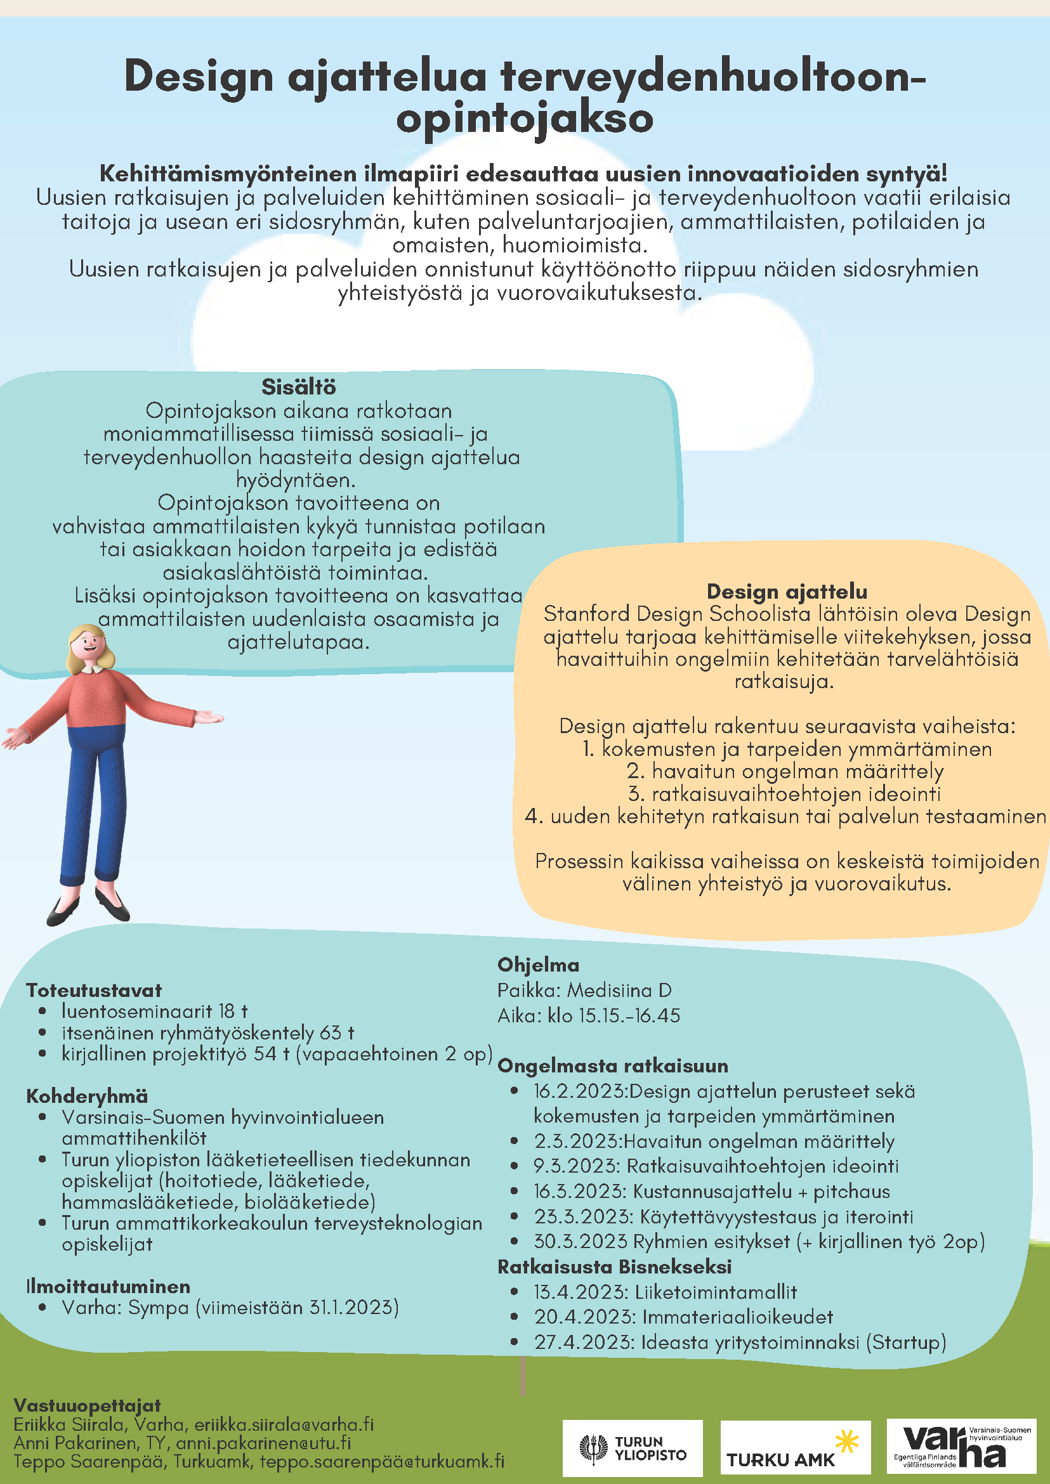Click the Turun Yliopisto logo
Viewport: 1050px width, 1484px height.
(x=632, y=1448)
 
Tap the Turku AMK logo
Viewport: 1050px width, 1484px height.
(x=794, y=1448)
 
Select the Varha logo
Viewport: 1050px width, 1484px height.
(x=961, y=1448)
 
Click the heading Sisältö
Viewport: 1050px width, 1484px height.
(x=299, y=386)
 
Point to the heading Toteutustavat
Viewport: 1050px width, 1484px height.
(x=94, y=990)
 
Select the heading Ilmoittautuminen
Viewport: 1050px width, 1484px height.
(x=108, y=1285)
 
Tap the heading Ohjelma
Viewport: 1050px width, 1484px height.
(x=538, y=965)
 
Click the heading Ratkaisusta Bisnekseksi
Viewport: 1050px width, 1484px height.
(x=614, y=1266)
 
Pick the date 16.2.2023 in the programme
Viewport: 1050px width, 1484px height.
(x=580, y=1091)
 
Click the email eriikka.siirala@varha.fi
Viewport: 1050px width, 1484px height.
(x=284, y=1424)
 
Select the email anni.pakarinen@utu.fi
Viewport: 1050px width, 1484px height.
(x=263, y=1442)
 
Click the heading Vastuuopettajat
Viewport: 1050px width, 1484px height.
(x=88, y=1405)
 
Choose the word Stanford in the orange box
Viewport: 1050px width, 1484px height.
(x=586, y=613)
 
